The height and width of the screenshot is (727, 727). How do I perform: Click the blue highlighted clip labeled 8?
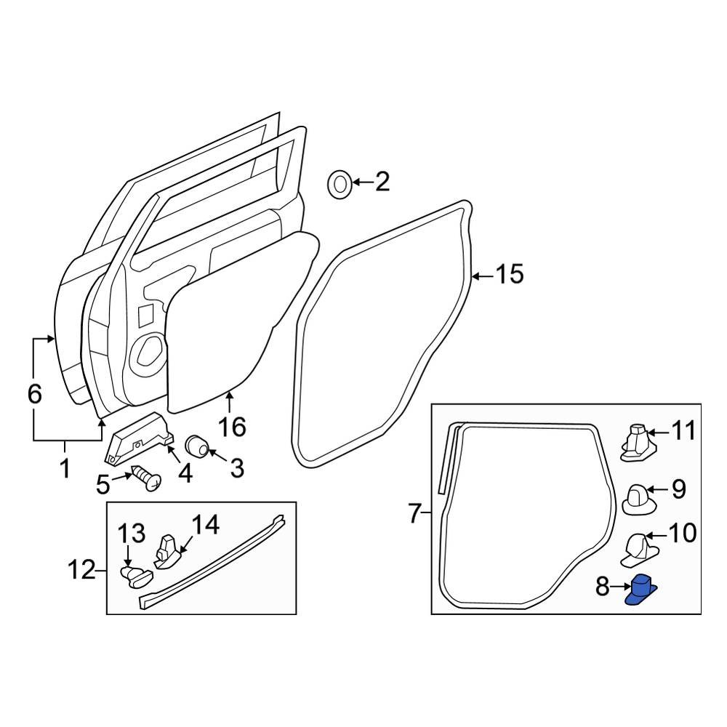(640, 590)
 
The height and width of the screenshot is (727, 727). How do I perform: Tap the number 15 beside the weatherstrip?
(509, 275)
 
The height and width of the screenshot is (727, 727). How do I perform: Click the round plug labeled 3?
(197, 444)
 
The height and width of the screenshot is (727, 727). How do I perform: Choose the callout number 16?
(233, 427)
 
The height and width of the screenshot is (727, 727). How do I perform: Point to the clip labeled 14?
(169, 551)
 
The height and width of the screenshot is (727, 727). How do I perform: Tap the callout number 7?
(414, 515)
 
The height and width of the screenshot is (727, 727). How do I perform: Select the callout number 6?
(34, 394)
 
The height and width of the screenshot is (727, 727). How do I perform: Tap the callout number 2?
(382, 182)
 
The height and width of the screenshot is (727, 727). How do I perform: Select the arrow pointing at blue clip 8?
(619, 586)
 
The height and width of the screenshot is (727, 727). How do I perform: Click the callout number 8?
(603, 587)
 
